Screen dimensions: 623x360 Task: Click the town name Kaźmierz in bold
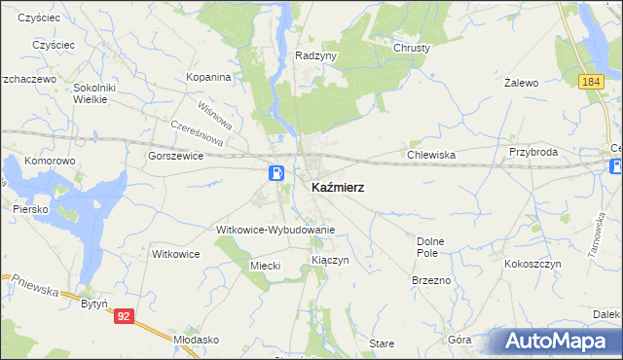click(338, 187)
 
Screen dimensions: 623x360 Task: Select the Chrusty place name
click(412, 47)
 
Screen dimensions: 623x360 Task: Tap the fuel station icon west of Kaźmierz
click(277, 173)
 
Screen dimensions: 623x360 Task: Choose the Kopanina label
click(208, 77)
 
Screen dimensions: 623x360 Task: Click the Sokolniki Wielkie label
click(95, 92)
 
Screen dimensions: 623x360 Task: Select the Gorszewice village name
click(174, 155)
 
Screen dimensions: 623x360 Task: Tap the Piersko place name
click(31, 208)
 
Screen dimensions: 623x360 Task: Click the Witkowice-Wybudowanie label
click(275, 230)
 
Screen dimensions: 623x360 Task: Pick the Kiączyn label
click(329, 261)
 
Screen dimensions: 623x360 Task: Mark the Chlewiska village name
click(432, 154)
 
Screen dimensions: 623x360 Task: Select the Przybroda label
click(532, 153)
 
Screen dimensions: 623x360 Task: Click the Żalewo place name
click(522, 84)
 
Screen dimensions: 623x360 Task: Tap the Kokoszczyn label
click(531, 264)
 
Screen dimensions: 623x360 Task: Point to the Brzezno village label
click(431, 279)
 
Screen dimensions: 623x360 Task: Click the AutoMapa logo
click(556, 341)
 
